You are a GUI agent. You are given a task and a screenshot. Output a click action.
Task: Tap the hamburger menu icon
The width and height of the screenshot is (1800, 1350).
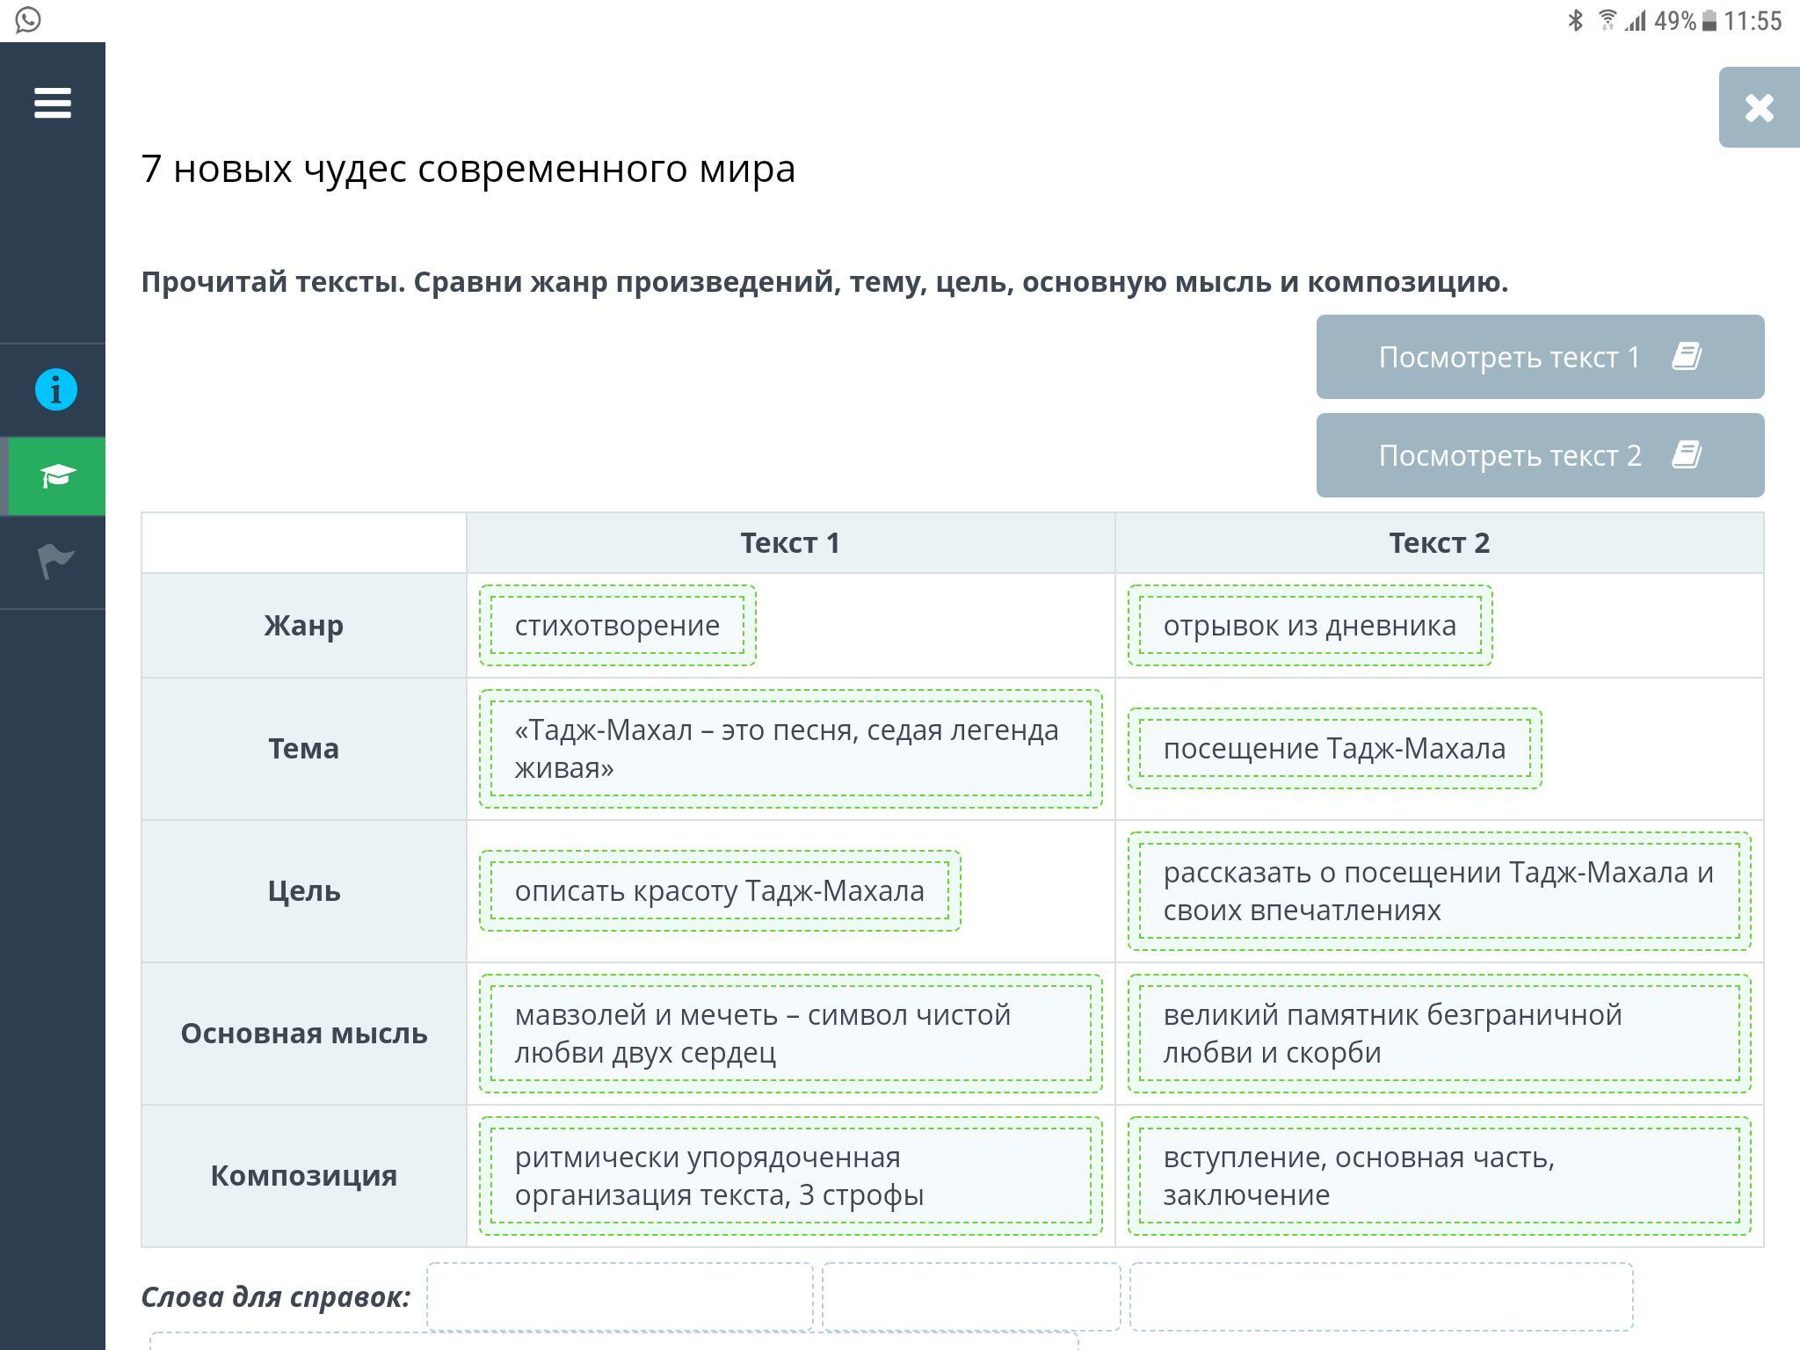(53, 103)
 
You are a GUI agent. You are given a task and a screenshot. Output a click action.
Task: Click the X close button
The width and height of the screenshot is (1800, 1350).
(1759, 108)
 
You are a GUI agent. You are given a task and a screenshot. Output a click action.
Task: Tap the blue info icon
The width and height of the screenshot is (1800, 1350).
(56, 389)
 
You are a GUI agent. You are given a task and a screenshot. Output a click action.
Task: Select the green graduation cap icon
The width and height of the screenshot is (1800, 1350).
(57, 475)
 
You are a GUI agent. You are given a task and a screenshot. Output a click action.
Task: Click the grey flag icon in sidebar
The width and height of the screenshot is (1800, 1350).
(56, 561)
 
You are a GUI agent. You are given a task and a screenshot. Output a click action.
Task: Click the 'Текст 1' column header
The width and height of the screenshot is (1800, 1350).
(790, 543)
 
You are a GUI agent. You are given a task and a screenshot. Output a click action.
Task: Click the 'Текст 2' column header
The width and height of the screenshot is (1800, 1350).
(1439, 543)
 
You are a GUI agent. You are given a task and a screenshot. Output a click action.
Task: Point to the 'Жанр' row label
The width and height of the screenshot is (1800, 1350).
(303, 626)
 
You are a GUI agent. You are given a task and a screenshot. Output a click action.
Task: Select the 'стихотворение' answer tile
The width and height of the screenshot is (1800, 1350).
(617, 626)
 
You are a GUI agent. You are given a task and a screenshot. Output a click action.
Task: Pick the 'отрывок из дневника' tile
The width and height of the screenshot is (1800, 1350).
(1310, 626)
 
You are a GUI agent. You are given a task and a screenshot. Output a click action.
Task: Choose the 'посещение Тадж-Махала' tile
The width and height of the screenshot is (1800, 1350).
(1334, 749)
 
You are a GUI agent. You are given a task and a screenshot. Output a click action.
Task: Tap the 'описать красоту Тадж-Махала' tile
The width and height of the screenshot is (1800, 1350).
(719, 891)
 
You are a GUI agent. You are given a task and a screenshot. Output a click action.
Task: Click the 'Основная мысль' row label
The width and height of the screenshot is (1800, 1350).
(303, 1034)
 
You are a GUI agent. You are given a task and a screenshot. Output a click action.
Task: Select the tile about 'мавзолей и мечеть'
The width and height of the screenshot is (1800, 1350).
(790, 1034)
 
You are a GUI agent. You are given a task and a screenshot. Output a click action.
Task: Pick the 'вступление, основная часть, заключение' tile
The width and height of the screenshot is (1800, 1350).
(1439, 1176)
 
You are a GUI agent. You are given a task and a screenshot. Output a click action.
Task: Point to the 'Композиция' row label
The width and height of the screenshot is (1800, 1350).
(303, 1176)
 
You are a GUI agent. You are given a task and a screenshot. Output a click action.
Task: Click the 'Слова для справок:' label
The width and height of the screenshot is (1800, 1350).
(276, 1297)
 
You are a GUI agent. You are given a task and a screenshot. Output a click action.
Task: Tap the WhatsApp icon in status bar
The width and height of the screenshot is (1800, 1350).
(28, 20)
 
